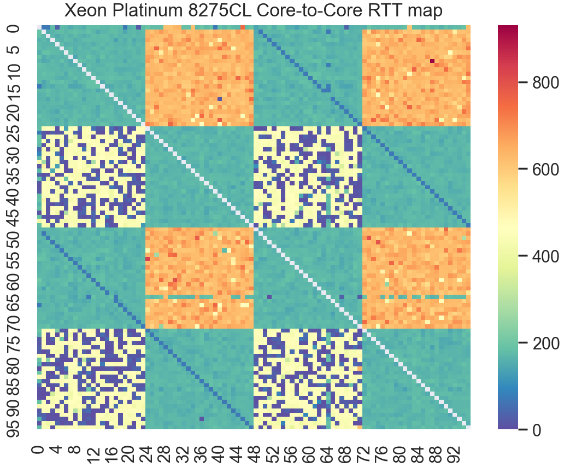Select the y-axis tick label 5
pyautogui.click(x=16, y=49)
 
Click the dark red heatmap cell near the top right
pyautogui.click(x=432, y=61)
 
